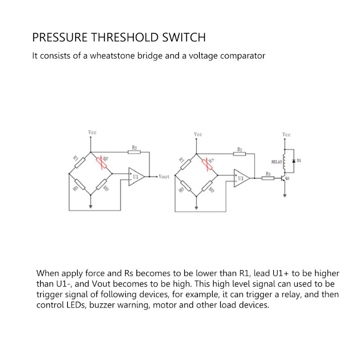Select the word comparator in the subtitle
tap(243, 56)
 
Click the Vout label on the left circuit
tap(164, 177)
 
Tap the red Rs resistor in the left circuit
tap(103, 163)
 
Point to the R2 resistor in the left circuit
tap(134, 152)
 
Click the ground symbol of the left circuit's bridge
tap(91, 206)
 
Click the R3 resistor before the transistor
tap(268, 178)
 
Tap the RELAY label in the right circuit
tap(276, 162)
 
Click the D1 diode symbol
tap(293, 161)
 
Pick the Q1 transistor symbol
tap(283, 179)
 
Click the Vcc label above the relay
tap(286, 135)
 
